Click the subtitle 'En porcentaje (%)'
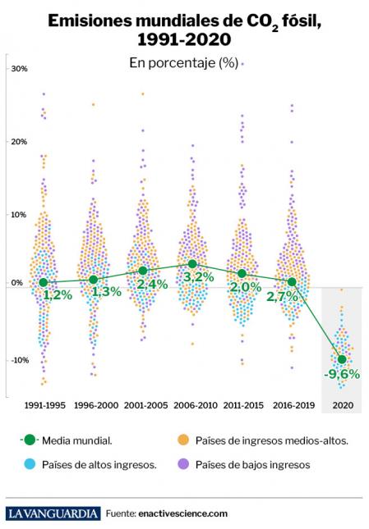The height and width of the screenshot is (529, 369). [183, 63]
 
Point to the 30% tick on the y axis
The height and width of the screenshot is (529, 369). [17, 69]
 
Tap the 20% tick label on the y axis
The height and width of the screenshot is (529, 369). [17, 142]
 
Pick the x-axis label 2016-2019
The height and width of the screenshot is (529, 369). [292, 406]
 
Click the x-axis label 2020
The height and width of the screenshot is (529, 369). [341, 406]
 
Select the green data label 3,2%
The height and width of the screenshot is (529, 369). [197, 277]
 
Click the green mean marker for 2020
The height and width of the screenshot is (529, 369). [342, 358]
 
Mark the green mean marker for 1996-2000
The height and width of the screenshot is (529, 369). [93, 280]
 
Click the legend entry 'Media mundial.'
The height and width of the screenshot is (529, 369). [79, 440]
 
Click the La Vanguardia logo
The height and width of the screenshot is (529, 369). [53, 513]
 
